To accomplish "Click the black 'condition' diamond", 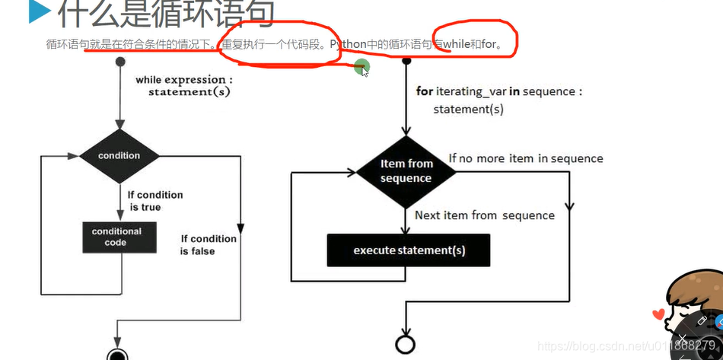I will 119,156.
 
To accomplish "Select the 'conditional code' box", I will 116,237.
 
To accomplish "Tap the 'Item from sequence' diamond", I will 406,171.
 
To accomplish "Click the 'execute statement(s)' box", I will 409,250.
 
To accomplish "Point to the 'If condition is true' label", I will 154,201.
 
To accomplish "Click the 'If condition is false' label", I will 208,244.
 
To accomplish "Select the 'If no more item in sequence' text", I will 525,158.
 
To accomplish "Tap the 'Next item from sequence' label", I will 484,215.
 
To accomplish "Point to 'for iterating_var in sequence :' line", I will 499,91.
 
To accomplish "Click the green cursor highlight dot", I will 362,67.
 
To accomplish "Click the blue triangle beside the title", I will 37,11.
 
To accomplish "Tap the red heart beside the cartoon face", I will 658,314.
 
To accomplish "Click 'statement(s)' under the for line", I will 468,110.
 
